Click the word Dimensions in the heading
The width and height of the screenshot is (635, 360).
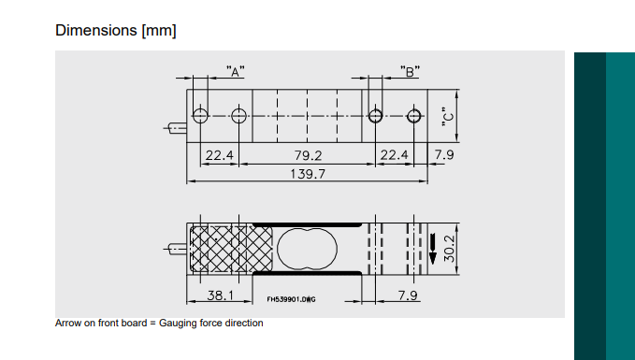click(x=95, y=30)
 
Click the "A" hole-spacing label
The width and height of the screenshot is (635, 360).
click(x=236, y=71)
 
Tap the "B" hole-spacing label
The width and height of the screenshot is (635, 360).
click(x=409, y=71)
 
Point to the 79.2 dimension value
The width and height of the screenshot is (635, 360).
click(x=308, y=154)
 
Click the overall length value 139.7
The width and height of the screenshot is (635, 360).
click(x=308, y=174)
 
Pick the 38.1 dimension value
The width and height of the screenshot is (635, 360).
click(x=221, y=295)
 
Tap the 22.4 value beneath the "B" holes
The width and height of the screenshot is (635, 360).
click(x=392, y=154)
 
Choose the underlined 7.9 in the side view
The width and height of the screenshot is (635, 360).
click(x=408, y=295)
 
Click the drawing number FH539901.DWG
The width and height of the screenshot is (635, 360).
click(x=291, y=300)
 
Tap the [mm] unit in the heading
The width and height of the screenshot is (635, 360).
click(x=159, y=30)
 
